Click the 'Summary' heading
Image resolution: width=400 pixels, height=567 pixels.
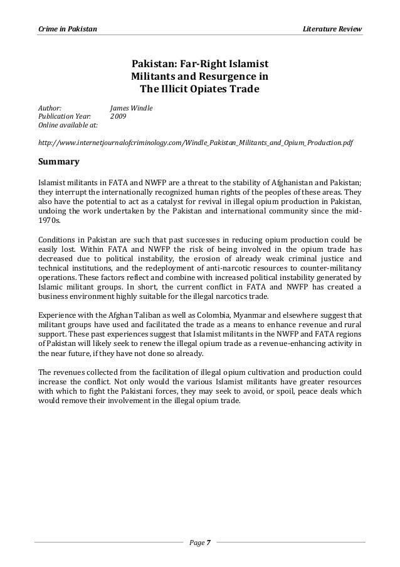pyautogui.click(x=59, y=162)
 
